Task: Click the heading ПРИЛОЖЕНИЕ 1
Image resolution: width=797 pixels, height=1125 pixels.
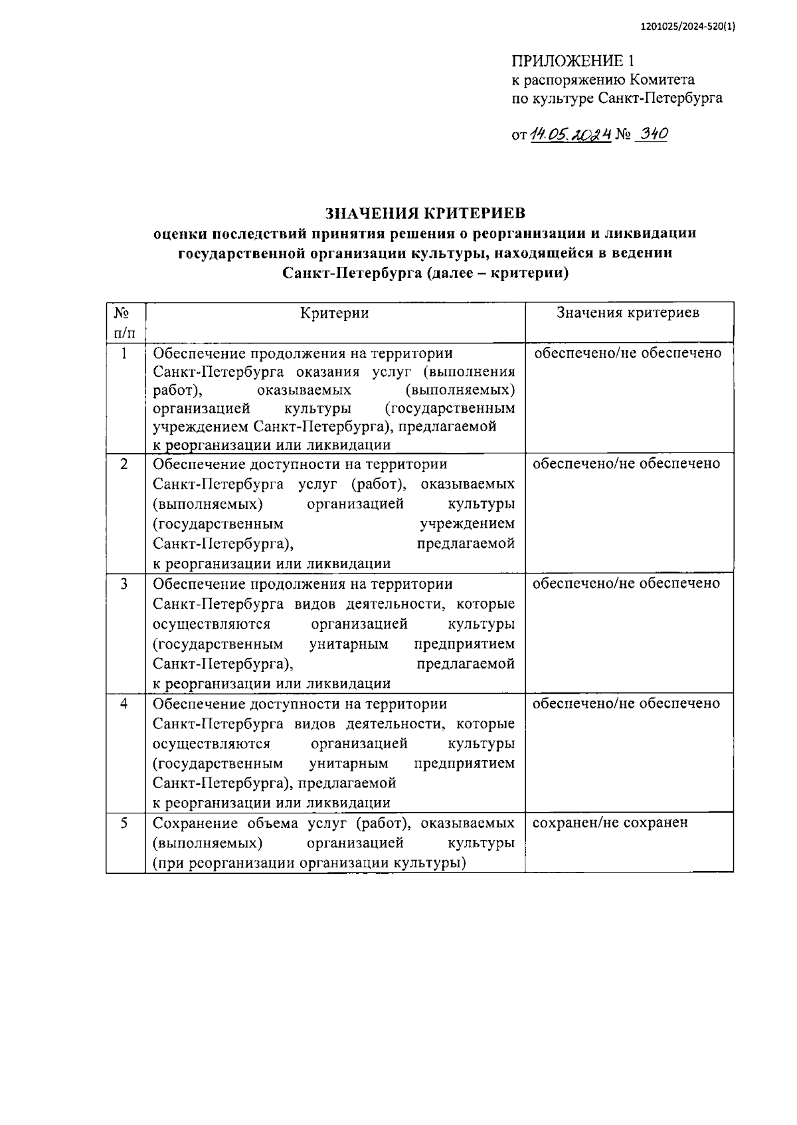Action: [568, 61]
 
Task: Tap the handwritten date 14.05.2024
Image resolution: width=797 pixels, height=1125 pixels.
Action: [571, 134]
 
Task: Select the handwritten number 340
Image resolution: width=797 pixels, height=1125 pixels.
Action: [651, 134]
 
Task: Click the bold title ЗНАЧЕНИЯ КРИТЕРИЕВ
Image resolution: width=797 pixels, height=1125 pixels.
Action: [425, 213]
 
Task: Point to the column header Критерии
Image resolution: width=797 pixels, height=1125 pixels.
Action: [334, 313]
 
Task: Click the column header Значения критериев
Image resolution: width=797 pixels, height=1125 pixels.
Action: [628, 313]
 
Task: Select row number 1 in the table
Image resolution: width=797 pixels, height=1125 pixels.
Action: [124, 353]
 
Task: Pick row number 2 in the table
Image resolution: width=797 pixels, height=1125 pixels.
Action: [124, 464]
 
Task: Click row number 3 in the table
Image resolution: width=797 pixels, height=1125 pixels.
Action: [124, 583]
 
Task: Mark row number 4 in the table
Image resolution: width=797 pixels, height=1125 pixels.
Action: [124, 703]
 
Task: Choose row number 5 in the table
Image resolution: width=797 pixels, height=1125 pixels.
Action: [124, 823]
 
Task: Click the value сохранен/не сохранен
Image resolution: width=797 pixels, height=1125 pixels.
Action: [610, 823]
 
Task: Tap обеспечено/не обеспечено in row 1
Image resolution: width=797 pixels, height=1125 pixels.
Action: [628, 353]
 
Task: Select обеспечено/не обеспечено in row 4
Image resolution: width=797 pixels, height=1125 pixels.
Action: [626, 703]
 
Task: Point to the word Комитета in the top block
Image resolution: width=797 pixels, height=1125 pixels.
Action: [662, 80]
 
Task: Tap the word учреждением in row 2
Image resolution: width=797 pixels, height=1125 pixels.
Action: [467, 524]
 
